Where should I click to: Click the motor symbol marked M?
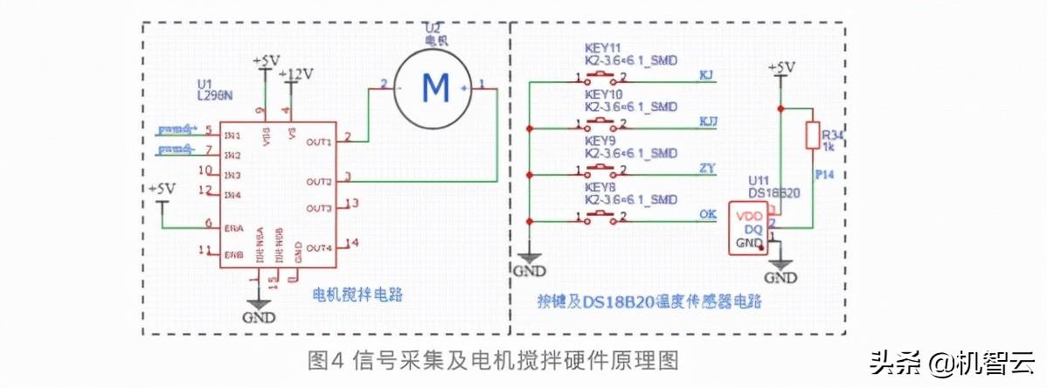coord(433,86)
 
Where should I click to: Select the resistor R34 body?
coord(812,136)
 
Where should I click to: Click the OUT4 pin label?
coord(319,247)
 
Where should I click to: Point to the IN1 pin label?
coord(232,135)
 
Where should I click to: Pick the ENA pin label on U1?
coord(233,227)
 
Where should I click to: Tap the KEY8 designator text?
coord(600,186)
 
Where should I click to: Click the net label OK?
coord(709,213)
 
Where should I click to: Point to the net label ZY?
coord(709,167)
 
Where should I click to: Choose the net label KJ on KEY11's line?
coord(706,74)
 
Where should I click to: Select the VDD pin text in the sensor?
coord(751,215)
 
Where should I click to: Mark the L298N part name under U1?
coord(215,93)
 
